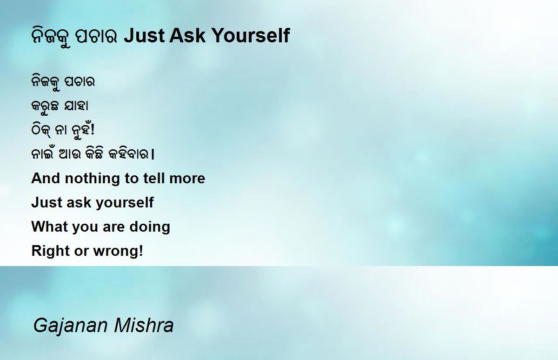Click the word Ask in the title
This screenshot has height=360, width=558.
(x=187, y=35)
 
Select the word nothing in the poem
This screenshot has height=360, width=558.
(x=93, y=179)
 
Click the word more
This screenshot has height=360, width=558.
(x=187, y=179)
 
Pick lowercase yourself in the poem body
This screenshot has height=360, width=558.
(x=125, y=202)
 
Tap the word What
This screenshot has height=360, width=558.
(x=50, y=226)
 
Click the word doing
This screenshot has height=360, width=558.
(x=150, y=227)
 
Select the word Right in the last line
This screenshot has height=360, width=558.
(x=51, y=251)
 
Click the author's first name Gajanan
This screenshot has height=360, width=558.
(x=71, y=326)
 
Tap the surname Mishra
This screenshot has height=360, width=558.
(x=144, y=325)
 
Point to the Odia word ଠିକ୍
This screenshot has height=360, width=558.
(x=41, y=130)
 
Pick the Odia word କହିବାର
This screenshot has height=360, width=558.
(x=128, y=153)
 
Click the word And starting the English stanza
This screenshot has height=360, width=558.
(x=46, y=179)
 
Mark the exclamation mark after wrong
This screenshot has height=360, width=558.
(x=141, y=250)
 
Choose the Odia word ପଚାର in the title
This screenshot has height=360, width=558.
(x=96, y=36)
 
